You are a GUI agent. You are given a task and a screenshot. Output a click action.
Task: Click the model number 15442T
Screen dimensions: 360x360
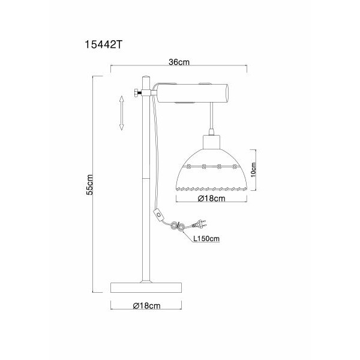click(104, 45)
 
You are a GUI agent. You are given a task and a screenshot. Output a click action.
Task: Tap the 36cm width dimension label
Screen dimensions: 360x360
click(179, 62)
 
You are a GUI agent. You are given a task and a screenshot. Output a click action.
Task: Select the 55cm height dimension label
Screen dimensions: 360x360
click(89, 185)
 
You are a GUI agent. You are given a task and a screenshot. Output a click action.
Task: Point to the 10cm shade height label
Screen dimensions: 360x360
click(253, 170)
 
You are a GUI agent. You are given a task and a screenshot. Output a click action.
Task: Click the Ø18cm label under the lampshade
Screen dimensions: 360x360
click(211, 199)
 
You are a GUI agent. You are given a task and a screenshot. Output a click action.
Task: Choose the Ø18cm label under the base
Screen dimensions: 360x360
click(146, 305)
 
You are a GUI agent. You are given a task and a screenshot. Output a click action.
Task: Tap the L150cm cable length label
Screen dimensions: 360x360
click(206, 239)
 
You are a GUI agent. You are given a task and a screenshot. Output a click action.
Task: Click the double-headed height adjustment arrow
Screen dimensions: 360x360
click(121, 113)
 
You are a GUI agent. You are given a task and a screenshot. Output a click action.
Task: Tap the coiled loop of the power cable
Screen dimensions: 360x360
click(178, 226)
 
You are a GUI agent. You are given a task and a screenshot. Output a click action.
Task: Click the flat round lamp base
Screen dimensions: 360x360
click(146, 287)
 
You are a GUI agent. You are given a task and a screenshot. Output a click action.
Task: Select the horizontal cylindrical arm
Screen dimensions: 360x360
click(193, 93)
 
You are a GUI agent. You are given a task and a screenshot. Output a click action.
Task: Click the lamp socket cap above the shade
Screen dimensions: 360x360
click(211, 142)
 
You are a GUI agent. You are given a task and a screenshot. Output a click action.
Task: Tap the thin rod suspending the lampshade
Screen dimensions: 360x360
click(211, 116)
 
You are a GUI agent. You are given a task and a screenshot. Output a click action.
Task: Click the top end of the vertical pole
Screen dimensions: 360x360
click(146, 76)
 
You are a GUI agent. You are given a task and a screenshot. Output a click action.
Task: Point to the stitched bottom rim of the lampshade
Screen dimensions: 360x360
click(211, 189)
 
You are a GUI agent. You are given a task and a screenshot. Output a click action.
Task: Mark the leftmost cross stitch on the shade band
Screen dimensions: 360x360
click(188, 166)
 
